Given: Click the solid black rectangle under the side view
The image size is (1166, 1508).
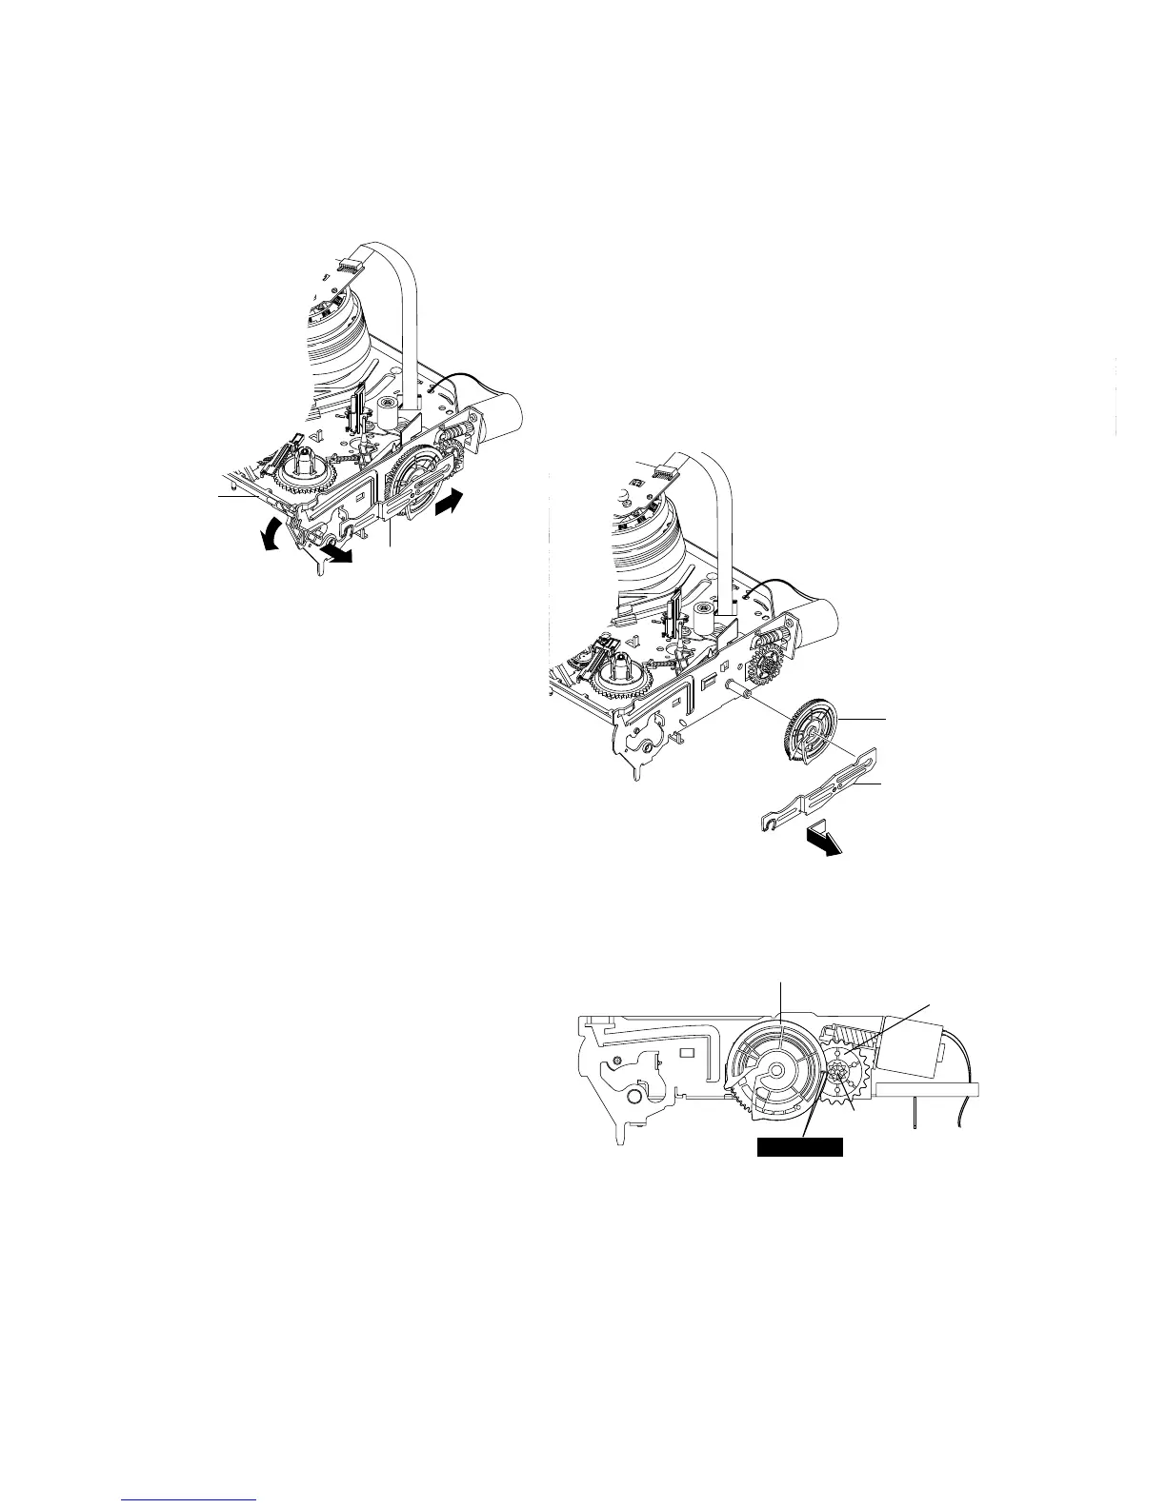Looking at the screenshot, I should [799, 1146].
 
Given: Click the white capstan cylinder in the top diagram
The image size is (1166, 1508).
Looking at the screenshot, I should [388, 412].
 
